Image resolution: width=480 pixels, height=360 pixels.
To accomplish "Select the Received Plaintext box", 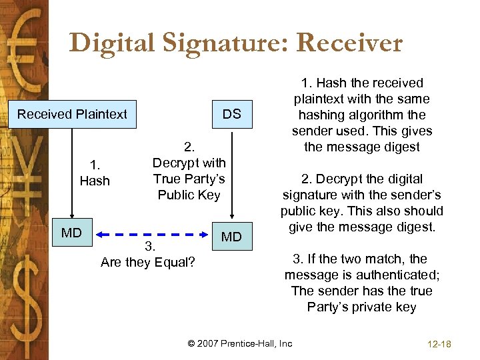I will [72, 114].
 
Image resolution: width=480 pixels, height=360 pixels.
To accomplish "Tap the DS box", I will [232, 114].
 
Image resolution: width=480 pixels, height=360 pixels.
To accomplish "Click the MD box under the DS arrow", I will [232, 237].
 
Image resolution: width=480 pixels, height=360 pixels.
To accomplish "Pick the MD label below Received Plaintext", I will [71, 233].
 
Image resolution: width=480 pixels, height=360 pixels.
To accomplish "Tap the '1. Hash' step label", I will [95, 172].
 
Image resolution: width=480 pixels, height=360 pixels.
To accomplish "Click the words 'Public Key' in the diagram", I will [189, 195].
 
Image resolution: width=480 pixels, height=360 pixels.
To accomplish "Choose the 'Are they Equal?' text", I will [148, 262].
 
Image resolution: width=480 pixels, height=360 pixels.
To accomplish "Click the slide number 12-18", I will [437, 344].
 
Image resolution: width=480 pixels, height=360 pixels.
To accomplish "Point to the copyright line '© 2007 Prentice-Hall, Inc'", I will [240, 343].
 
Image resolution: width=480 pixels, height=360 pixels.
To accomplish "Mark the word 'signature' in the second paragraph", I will [311, 195].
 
